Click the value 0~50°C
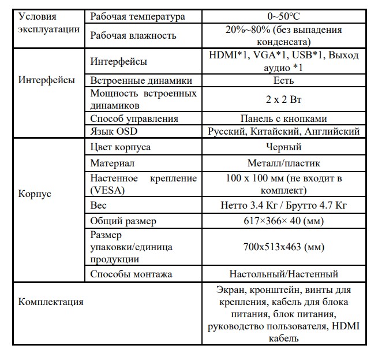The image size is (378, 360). click(284, 16)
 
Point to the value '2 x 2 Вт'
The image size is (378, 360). click(284, 99)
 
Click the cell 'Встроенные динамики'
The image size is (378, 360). click(141, 80)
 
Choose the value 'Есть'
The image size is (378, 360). click(284, 80)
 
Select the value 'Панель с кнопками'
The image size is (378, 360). click(284, 118)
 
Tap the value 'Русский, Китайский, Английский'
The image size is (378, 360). click(284, 131)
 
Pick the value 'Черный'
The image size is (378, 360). click(284, 147)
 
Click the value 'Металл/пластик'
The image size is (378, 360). click(284, 164)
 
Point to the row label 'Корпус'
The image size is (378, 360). click(35, 194)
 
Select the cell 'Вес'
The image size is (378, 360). click(99, 205)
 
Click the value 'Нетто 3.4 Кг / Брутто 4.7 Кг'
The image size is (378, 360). click(284, 205)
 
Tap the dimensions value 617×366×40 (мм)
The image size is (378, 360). click(284, 221)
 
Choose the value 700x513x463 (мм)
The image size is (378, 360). click(284, 247)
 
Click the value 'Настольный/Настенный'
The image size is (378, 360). click(284, 274)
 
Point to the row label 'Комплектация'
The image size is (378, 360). click(51, 302)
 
